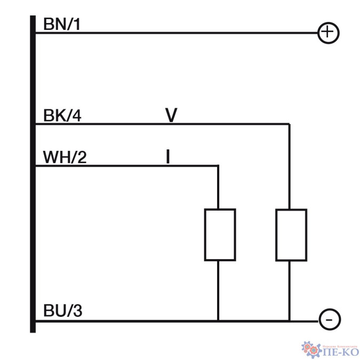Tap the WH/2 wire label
(x=64, y=157)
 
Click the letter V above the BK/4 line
(x=171, y=115)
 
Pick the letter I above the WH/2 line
(x=168, y=157)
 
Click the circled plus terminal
(x=328, y=33)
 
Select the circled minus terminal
(x=328, y=320)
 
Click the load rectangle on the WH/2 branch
(x=220, y=235)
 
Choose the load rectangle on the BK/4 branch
(x=291, y=235)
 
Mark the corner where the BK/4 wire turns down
(x=290, y=125)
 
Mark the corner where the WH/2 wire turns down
(x=219, y=166)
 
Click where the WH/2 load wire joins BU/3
(x=219, y=321)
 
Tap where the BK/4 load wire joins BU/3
(x=290, y=321)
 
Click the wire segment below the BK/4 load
(x=290, y=291)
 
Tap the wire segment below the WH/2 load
(x=219, y=291)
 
